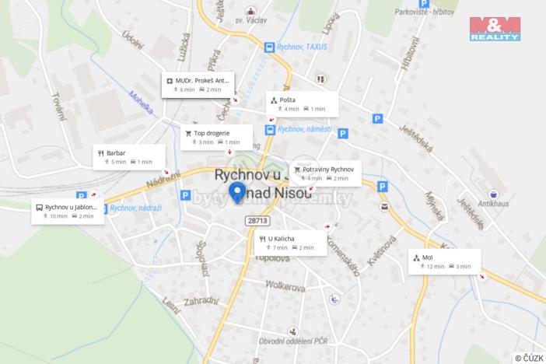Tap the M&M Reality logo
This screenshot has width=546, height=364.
tap(495, 28)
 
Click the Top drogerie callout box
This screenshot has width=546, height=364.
tap(216, 137)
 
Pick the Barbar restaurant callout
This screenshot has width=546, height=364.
tap(129, 156)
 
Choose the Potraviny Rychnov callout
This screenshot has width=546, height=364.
tap(326, 173)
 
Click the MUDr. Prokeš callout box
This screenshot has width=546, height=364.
tap(198, 84)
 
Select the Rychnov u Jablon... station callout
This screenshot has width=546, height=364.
tap(67, 211)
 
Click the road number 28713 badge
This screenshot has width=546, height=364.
tap(257, 221)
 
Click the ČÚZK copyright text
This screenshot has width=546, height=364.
tap(527, 357)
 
